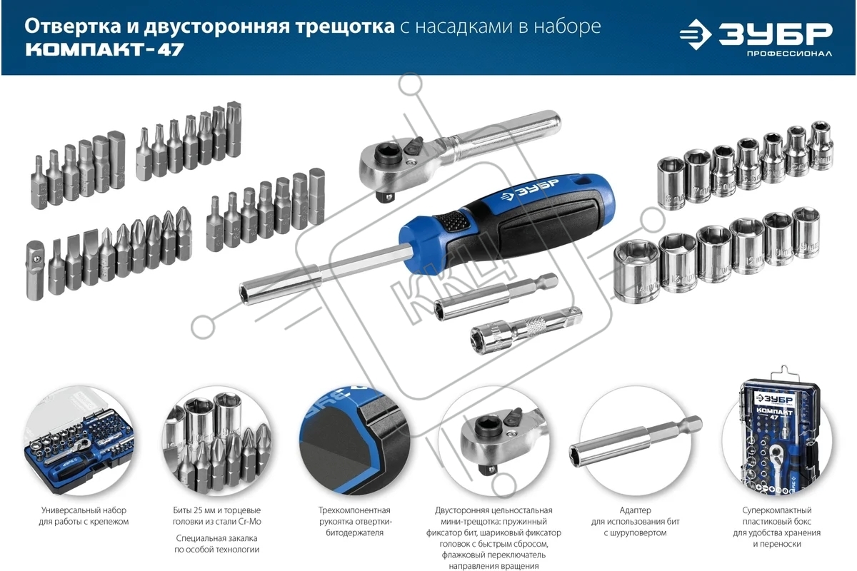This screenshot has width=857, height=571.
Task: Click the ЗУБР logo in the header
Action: (756, 34)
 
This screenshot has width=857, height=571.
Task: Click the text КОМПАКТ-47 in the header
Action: (105, 49)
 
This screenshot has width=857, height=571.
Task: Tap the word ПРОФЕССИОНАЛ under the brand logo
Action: (789, 54)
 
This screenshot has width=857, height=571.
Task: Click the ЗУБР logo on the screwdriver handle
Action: (530, 189)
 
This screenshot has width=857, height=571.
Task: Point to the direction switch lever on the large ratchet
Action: (414, 145)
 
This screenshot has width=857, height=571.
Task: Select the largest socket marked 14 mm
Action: (636, 271)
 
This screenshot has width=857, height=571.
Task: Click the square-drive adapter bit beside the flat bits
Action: (36, 270)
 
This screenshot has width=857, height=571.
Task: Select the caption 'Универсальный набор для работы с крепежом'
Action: (84, 515)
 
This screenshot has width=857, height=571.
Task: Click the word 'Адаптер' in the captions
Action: (635, 510)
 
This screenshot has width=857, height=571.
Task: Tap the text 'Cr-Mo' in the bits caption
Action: (249, 521)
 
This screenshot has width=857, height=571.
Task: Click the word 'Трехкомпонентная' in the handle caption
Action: (354, 510)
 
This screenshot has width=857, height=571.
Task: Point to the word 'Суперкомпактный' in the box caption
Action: (777, 510)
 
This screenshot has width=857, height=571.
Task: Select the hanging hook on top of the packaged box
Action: (783, 372)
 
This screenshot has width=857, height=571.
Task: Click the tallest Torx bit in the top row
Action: (234, 129)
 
